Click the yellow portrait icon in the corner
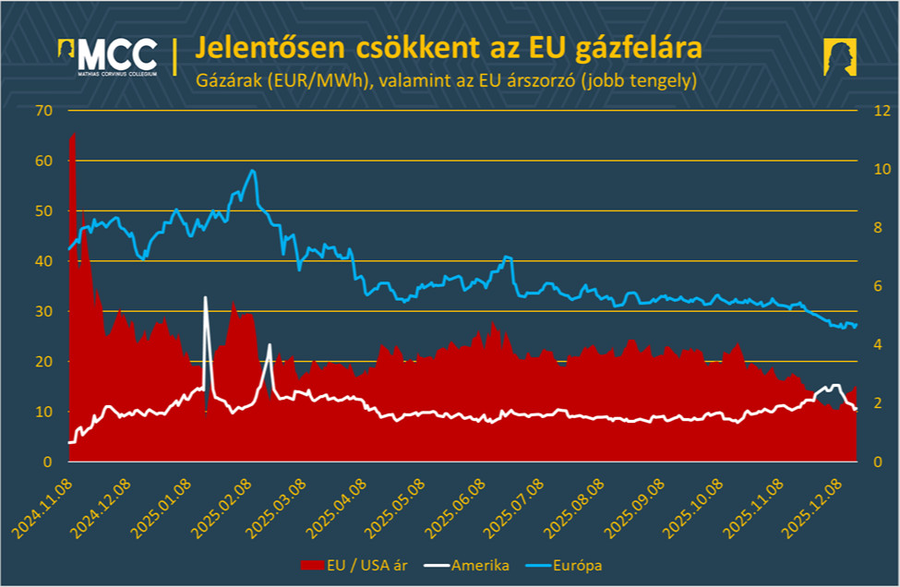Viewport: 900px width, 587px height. pyautogui.click(x=840, y=58)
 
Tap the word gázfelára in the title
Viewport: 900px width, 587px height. pyautogui.click(x=642, y=48)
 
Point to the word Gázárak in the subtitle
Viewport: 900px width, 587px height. pyautogui.click(x=227, y=80)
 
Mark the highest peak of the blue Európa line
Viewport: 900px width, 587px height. pyautogui.click(x=253, y=171)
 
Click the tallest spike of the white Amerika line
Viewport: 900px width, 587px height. pyautogui.click(x=205, y=297)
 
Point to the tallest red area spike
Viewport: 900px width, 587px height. pyautogui.click(x=73, y=135)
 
